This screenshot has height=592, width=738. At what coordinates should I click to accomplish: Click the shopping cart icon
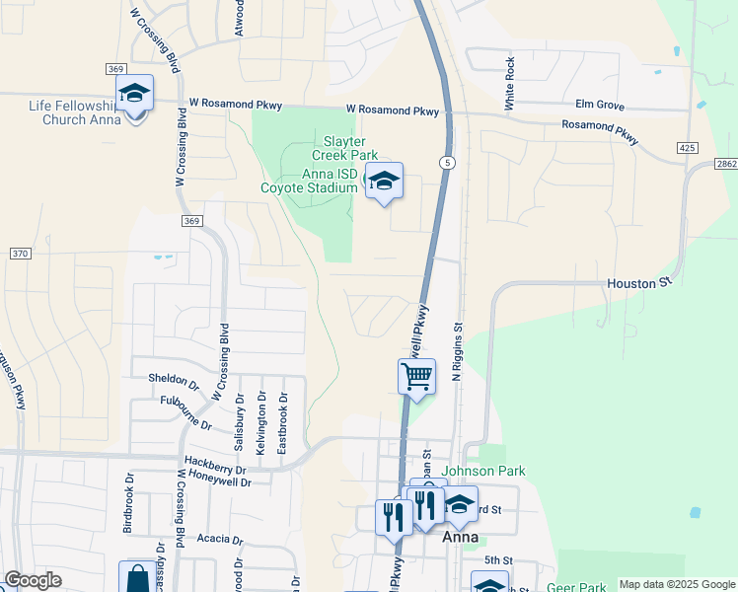(x=416, y=376)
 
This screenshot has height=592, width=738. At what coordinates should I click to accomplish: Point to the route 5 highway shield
(x=448, y=162)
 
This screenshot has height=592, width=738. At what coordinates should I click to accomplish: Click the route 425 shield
(x=688, y=147)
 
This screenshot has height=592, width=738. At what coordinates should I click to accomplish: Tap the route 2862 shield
(x=726, y=164)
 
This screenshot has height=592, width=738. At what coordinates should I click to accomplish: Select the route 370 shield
(x=20, y=254)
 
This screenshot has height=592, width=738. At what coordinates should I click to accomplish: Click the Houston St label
(x=631, y=284)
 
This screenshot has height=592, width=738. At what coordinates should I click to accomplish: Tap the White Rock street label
(x=510, y=82)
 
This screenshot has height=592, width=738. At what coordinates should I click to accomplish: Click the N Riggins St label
(x=457, y=350)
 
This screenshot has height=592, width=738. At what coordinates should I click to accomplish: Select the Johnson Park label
(x=482, y=472)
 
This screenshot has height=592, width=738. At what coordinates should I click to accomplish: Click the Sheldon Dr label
(x=174, y=379)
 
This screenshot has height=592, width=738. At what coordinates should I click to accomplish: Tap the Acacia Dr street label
(x=219, y=539)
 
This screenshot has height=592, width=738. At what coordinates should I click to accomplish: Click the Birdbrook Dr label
(x=128, y=508)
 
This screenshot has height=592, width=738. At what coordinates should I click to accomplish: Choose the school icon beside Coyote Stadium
(x=384, y=181)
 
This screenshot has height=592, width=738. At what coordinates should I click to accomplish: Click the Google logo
(x=33, y=580)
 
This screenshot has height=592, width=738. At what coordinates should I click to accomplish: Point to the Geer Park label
(x=576, y=587)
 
